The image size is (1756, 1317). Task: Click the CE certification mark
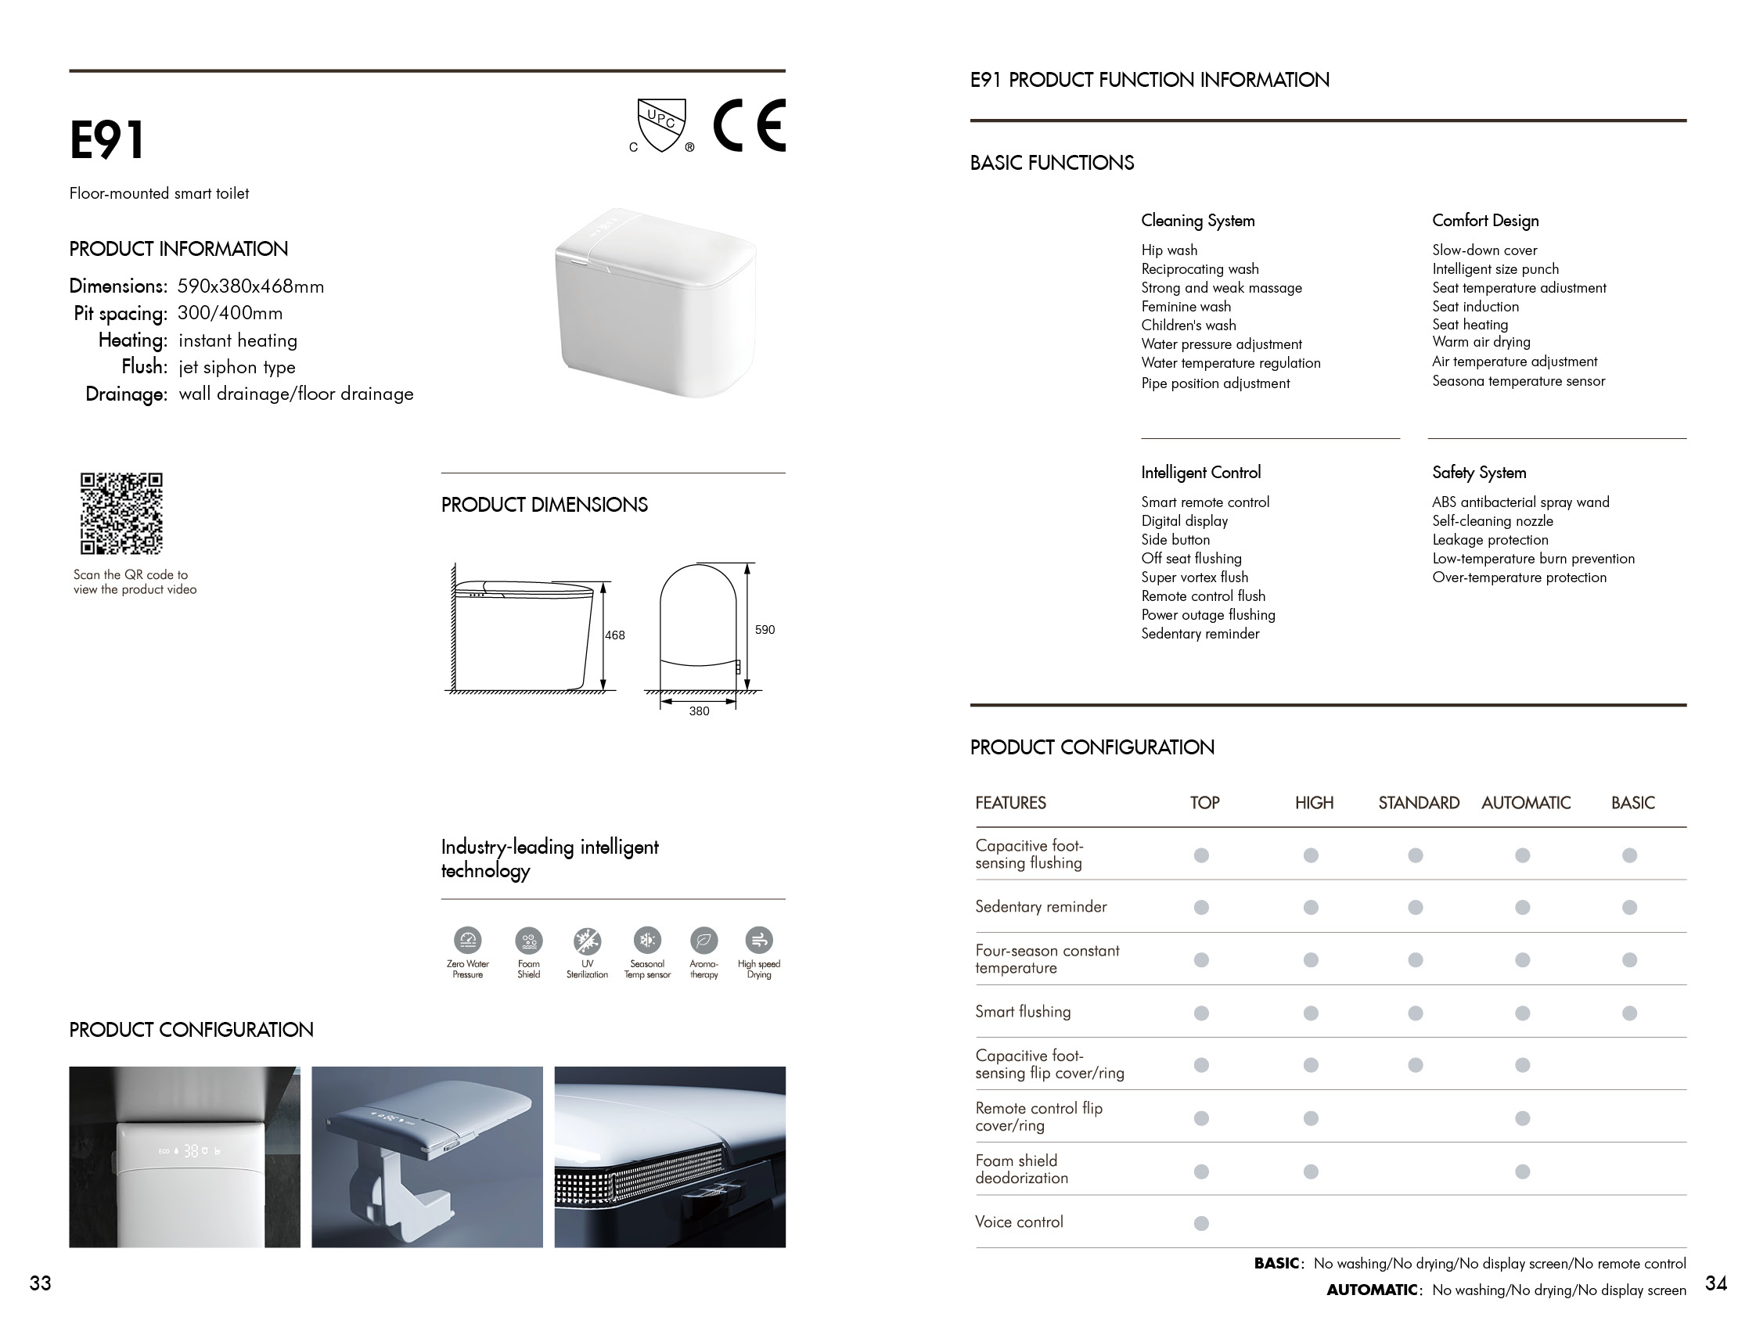tap(749, 125)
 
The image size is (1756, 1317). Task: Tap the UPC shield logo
tap(661, 124)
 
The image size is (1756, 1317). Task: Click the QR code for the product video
tap(121, 513)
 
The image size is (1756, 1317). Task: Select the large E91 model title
tap(107, 141)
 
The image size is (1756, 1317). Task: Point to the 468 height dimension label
tap(614, 635)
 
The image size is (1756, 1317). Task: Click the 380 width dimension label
tap(699, 711)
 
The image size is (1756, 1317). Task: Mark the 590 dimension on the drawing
tap(765, 629)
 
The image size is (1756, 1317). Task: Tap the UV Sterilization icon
tap(588, 941)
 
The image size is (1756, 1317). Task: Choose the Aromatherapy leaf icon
tap(703, 941)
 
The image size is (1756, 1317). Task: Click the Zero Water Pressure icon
tap(468, 941)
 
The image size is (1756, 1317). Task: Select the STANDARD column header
tap(1419, 803)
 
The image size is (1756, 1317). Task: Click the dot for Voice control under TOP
tap(1201, 1223)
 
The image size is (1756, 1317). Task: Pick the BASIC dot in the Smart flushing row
tap(1629, 1013)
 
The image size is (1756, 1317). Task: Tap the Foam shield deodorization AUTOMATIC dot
tap(1522, 1171)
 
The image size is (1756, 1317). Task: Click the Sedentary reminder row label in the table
tap(1041, 907)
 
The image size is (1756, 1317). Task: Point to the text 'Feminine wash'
tap(1186, 307)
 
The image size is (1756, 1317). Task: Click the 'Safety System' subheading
tap(1479, 473)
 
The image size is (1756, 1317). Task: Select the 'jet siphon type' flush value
tap(236, 367)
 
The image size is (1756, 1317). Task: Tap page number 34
tap(1715, 1283)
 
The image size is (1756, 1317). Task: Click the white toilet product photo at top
tap(656, 304)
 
